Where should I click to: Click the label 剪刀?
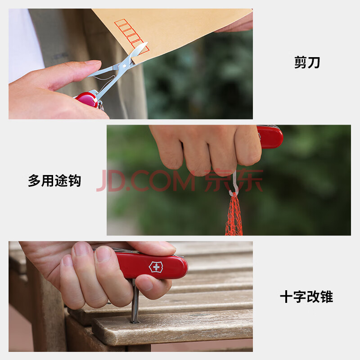(307, 63)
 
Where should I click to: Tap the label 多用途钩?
(54, 181)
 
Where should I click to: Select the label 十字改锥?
(306, 297)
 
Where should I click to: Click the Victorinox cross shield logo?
(156, 267)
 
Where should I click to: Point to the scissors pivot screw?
(125, 66)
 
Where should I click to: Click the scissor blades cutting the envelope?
(137, 52)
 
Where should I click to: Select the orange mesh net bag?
(234, 215)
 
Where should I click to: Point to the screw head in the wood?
(135, 322)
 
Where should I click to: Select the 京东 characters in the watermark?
(234, 180)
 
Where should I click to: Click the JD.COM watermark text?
(146, 181)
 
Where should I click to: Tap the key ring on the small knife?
(100, 107)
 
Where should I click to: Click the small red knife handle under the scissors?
(86, 99)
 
